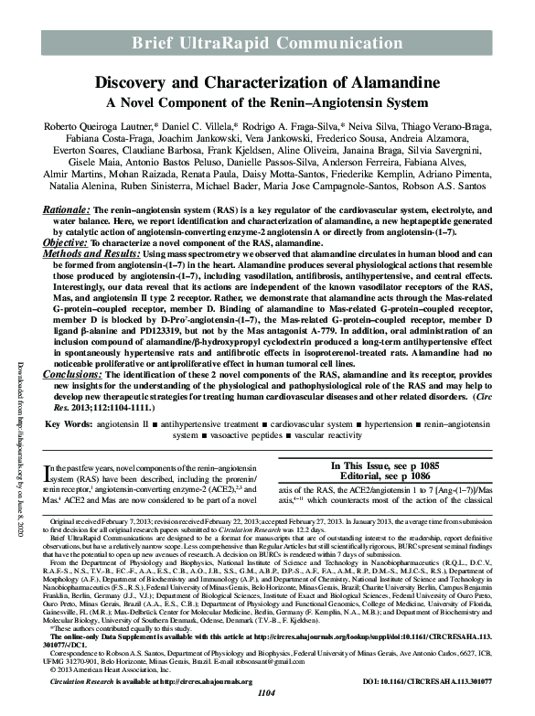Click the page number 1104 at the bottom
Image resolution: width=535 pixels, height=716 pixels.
pos(267,706)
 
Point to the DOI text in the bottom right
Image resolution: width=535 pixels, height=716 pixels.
pos(441,692)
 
